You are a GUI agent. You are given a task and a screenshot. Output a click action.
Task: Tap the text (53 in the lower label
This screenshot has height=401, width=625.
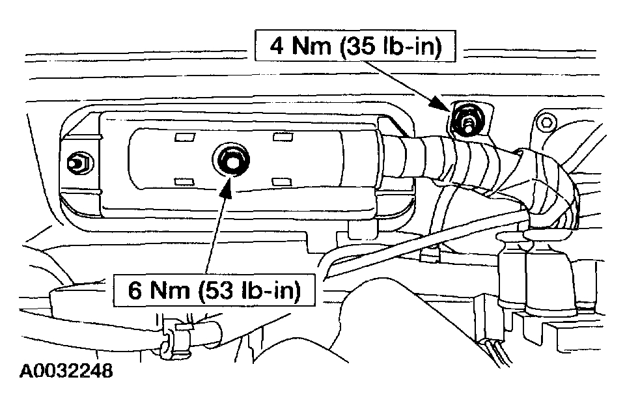[x=210, y=290]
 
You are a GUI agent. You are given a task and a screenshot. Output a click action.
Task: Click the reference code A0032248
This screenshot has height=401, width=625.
[x=66, y=372]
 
